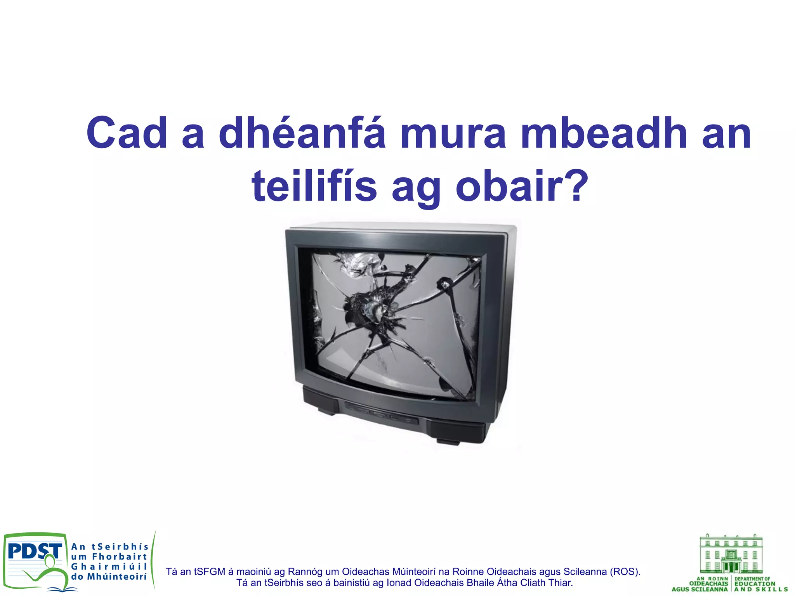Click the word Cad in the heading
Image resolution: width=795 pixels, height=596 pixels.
(127, 133)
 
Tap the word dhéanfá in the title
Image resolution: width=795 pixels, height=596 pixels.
(302, 133)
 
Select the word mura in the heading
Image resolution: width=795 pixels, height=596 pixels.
(453, 133)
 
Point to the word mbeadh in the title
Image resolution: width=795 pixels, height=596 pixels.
(604, 133)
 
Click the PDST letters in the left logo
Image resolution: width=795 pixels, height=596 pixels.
(35, 551)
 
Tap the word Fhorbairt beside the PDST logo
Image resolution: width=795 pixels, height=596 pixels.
(120, 557)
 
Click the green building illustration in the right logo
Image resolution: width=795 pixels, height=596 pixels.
(731, 554)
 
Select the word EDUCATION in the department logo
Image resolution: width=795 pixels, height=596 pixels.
(755, 584)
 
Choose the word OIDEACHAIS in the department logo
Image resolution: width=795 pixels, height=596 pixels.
(708, 584)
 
